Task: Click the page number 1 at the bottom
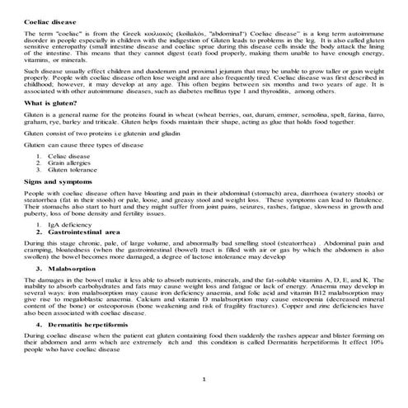click(204, 380)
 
